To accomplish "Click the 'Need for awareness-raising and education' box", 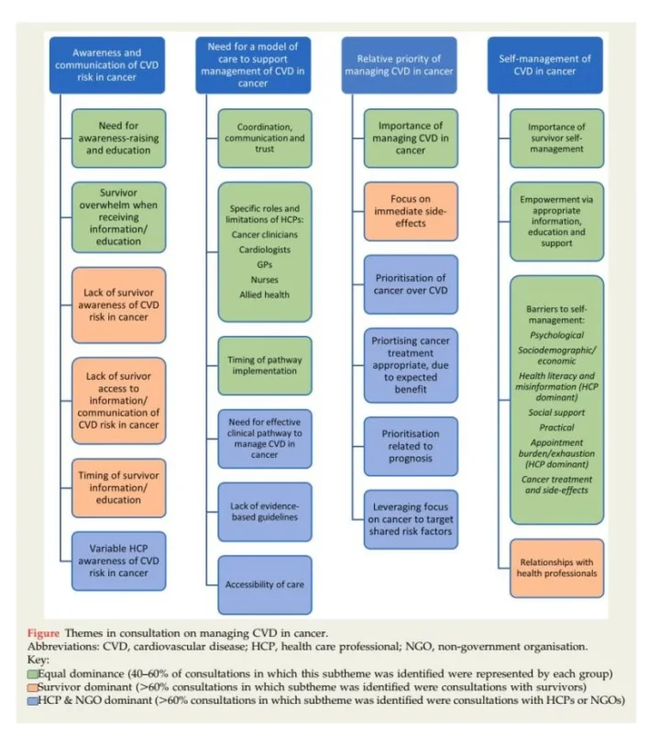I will pyautogui.click(x=119, y=138).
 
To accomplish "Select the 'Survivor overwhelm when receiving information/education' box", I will pyautogui.click(x=119, y=217).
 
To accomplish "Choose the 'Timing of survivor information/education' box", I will pyautogui.click(x=119, y=486).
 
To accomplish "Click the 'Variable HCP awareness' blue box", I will pyautogui.click(x=119, y=560).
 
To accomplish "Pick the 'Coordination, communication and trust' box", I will pyautogui.click(x=265, y=138).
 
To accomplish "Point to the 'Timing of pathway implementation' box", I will pyautogui.click(x=265, y=365).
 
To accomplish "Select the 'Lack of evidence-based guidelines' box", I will pyautogui.click(x=265, y=512).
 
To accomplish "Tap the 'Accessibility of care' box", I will pyautogui.click(x=265, y=584).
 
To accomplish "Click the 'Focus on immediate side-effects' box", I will pyautogui.click(x=411, y=211).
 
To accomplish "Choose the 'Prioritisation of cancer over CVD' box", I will pyautogui.click(x=411, y=284).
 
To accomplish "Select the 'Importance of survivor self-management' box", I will pyautogui.click(x=556, y=138).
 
